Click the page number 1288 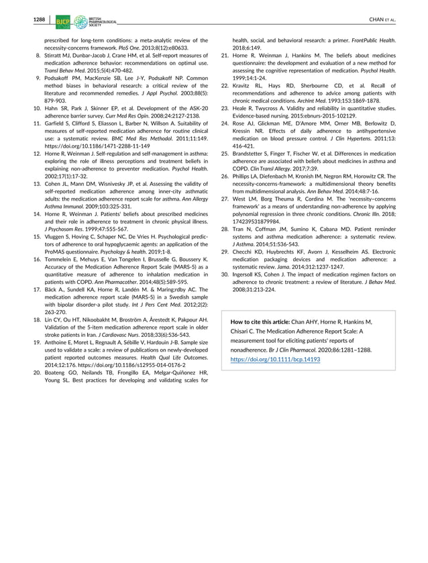[x=38, y=20]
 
